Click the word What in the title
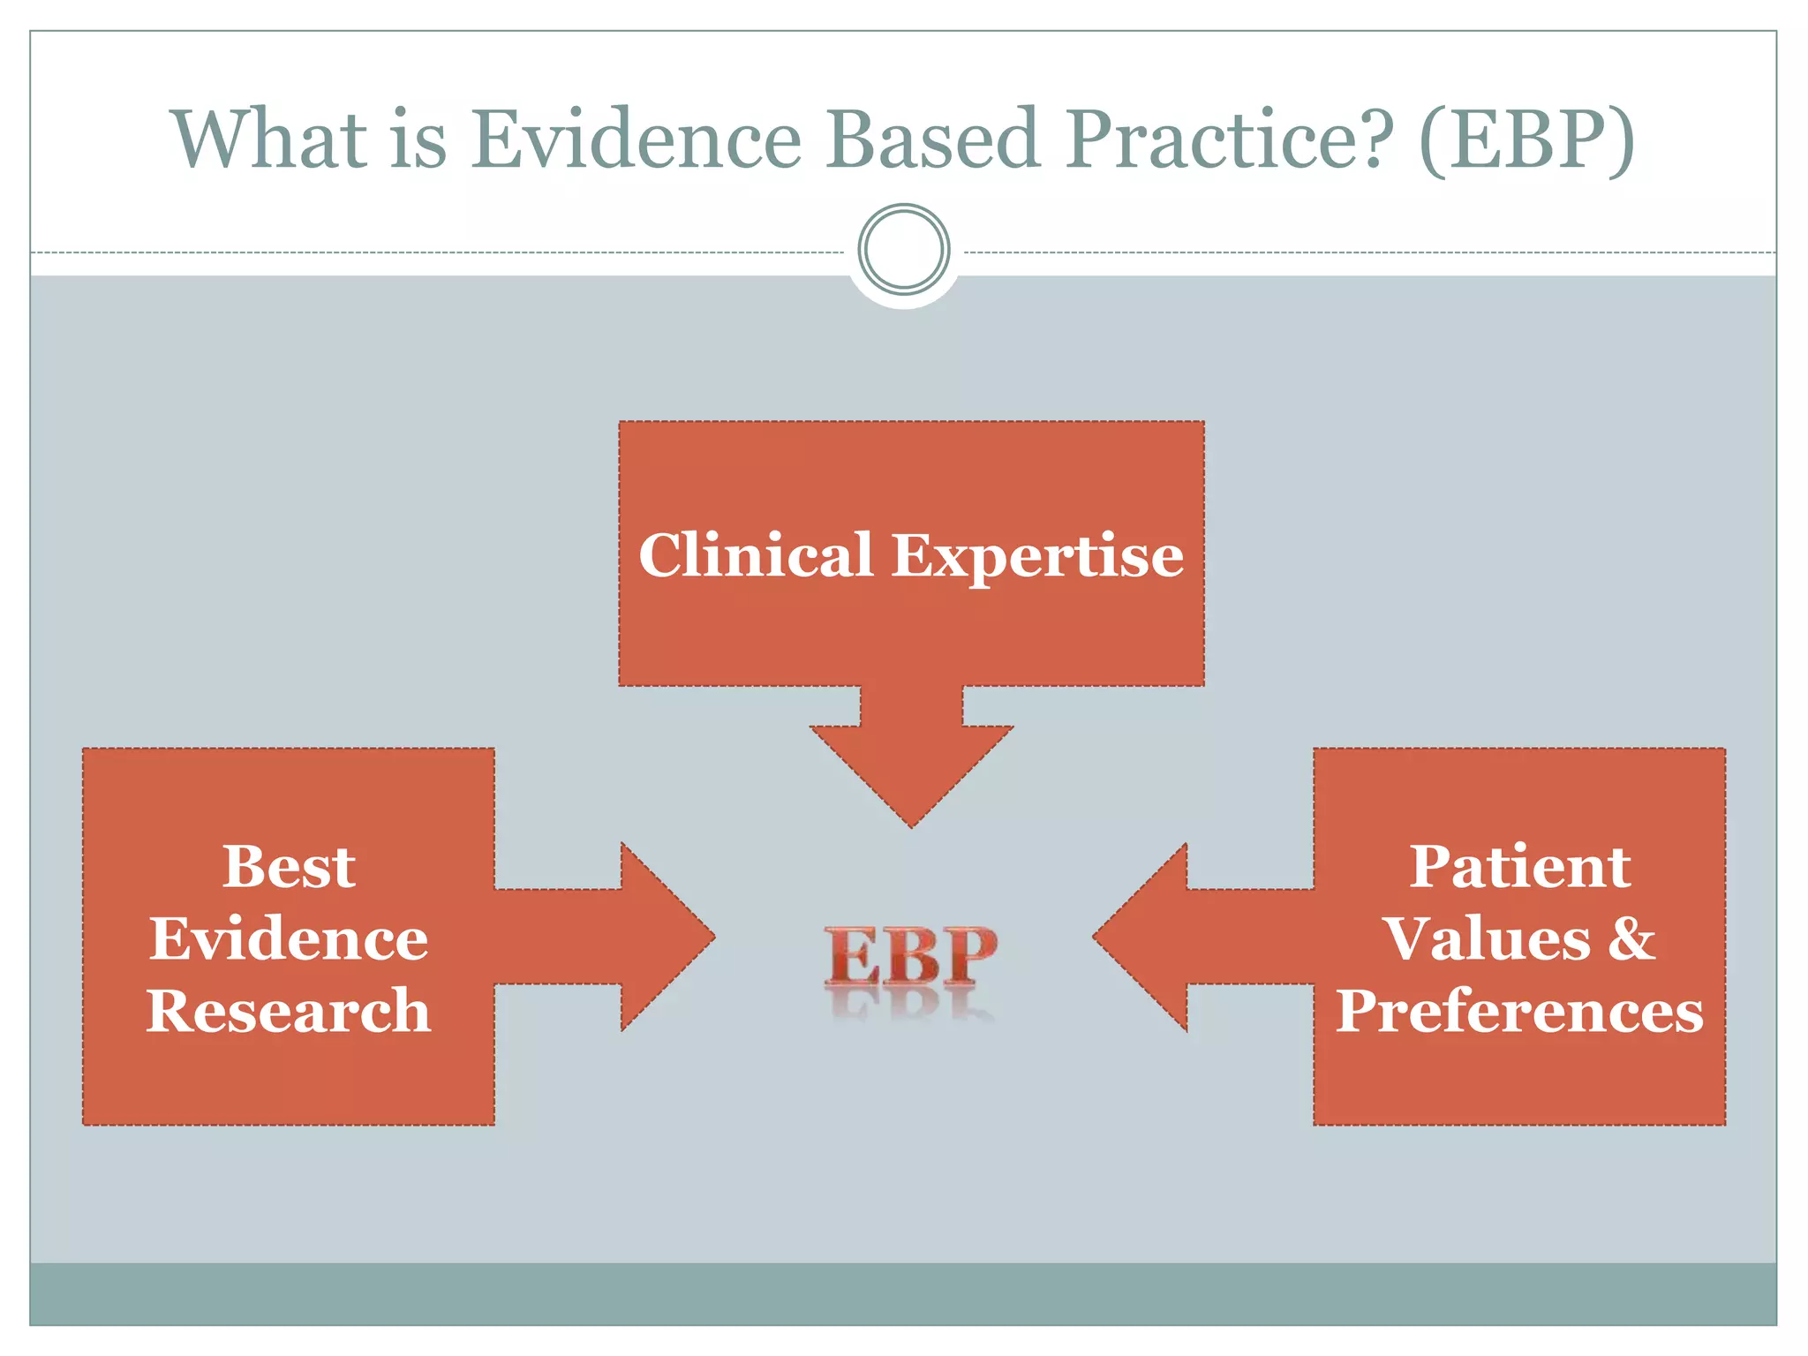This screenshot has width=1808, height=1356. (x=269, y=139)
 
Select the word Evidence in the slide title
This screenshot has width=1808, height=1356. (x=636, y=139)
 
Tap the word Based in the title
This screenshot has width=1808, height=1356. (x=933, y=139)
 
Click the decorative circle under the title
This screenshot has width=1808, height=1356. (x=903, y=250)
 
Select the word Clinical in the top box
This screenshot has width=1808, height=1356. (x=756, y=555)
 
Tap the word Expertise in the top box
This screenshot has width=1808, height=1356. (x=1037, y=557)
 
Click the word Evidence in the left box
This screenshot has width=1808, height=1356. (x=289, y=938)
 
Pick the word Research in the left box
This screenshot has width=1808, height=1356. (x=289, y=1011)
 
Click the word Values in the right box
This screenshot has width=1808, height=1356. (x=1488, y=938)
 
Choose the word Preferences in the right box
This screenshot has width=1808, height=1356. (x=1519, y=1011)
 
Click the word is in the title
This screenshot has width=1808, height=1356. (x=418, y=139)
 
